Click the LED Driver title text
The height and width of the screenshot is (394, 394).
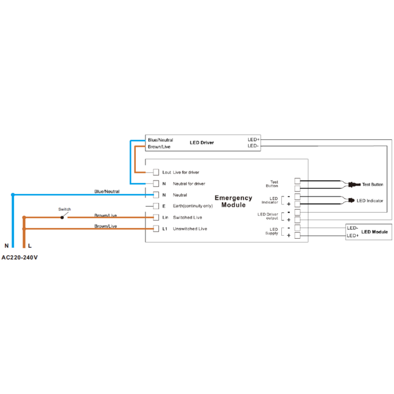(202, 142)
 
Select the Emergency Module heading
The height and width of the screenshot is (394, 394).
(233, 201)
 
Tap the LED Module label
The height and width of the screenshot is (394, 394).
(375, 232)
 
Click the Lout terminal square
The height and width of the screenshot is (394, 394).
(156, 172)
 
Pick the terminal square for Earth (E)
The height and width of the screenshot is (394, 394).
(156, 206)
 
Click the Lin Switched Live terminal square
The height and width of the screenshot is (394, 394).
(156, 218)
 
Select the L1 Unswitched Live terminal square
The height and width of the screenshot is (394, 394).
(156, 229)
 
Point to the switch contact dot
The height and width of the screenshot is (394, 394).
(62, 218)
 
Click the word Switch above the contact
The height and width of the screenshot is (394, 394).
(65, 209)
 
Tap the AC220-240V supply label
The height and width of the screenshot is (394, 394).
(19, 258)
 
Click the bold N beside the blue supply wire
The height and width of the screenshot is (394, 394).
(7, 245)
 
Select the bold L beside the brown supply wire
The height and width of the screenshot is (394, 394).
(30, 245)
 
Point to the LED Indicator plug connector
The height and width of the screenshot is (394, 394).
(352, 201)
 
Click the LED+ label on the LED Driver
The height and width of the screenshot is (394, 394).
(253, 139)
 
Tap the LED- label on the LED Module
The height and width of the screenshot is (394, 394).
(352, 228)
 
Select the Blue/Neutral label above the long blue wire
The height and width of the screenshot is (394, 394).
(107, 192)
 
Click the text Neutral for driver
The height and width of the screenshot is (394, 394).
(189, 184)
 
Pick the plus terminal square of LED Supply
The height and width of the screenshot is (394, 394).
(298, 235)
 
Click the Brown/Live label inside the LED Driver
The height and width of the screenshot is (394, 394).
(159, 147)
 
